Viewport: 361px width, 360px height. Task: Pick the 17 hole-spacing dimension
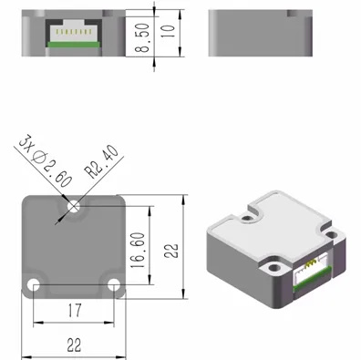(x=74, y=312)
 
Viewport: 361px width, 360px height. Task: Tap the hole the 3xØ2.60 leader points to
(x=74, y=207)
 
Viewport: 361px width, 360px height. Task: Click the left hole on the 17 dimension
(x=34, y=285)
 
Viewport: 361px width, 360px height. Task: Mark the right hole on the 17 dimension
(x=114, y=285)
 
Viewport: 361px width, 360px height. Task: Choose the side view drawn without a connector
(x=260, y=34)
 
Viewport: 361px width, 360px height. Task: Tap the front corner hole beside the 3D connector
(x=274, y=270)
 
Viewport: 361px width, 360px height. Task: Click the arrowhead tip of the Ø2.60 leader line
(x=69, y=202)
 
